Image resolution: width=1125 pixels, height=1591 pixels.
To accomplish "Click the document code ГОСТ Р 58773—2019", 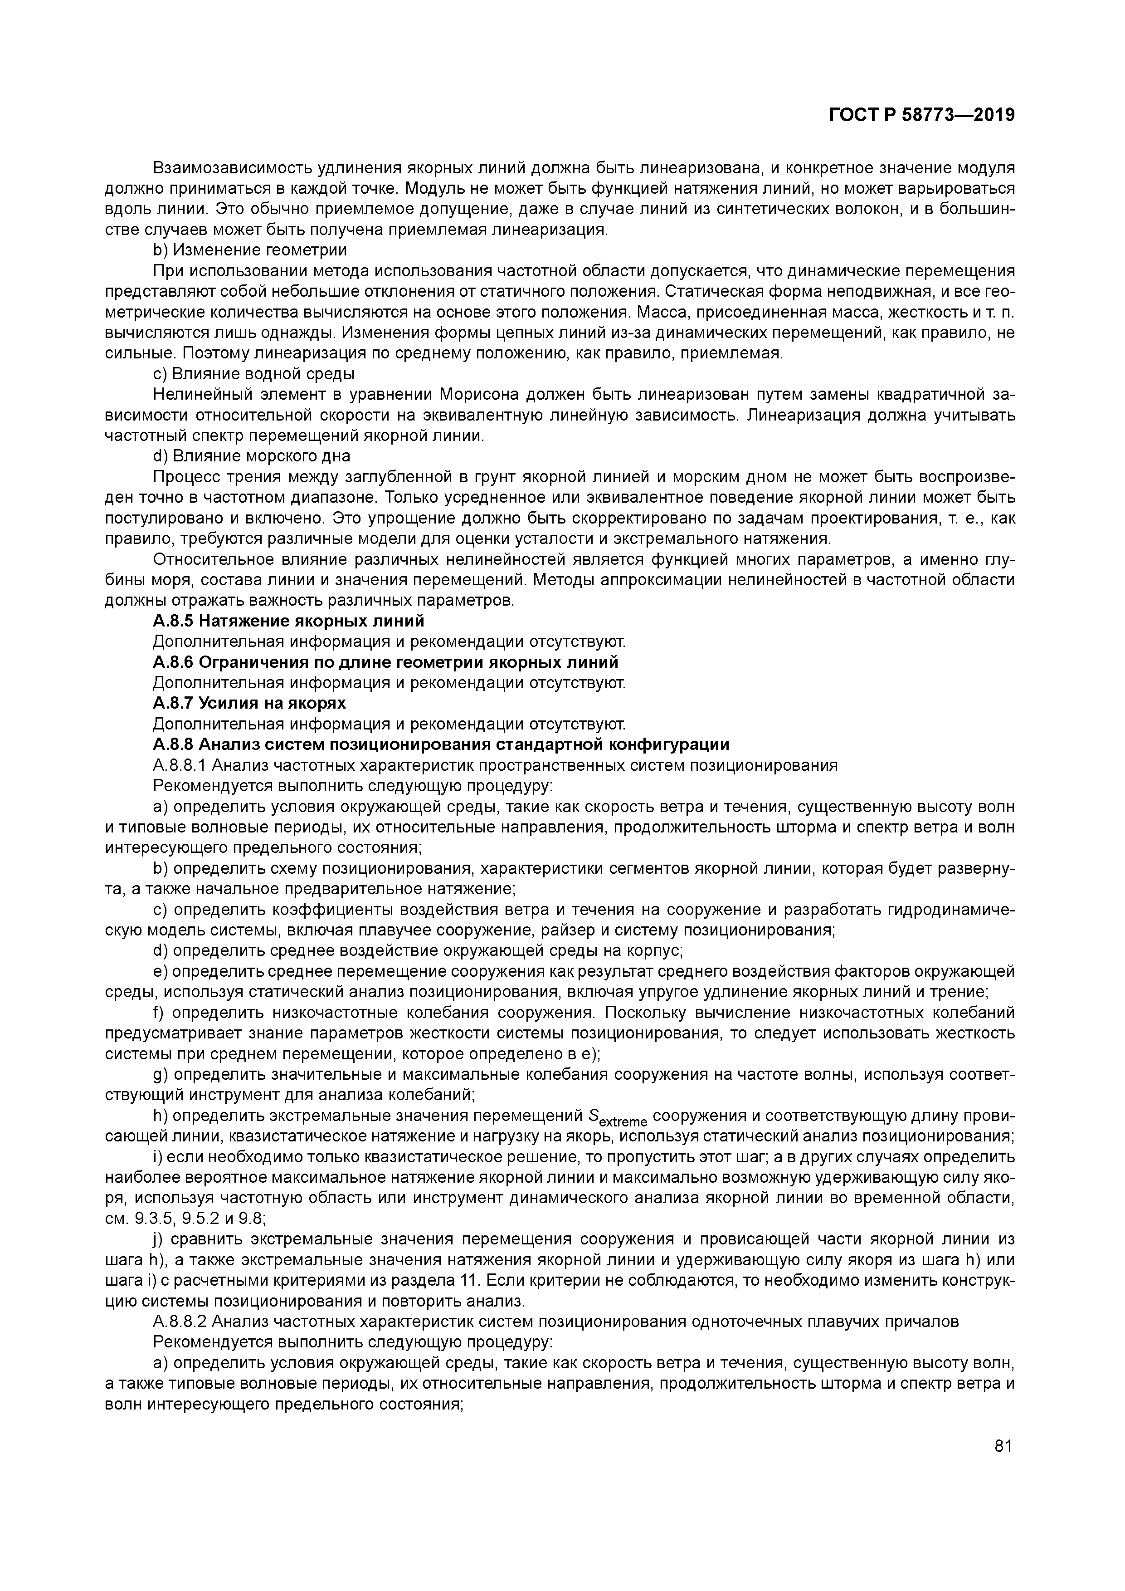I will click(x=921, y=115).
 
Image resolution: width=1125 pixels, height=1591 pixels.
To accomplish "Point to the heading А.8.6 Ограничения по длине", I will click(x=385, y=662).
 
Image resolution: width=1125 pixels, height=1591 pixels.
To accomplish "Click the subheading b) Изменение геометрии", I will click(x=249, y=250).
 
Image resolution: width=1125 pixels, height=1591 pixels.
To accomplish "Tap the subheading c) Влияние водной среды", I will click(x=253, y=374).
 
